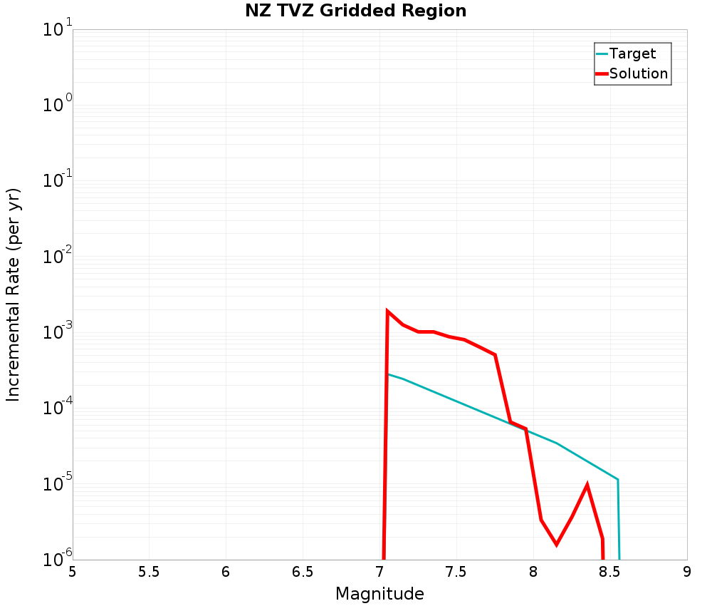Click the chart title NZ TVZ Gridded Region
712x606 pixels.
tap(355, 11)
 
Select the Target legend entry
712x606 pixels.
tap(632, 53)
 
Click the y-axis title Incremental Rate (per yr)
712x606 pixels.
tap(14, 294)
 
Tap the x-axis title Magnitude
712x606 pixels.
tap(379, 594)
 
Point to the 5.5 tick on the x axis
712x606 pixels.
tap(149, 572)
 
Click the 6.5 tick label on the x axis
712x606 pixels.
tap(303, 572)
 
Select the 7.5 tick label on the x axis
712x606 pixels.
tap(456, 572)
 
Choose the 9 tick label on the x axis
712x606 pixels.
tap(686, 572)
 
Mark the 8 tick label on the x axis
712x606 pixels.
tap(533, 572)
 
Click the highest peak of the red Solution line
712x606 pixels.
tap(387, 312)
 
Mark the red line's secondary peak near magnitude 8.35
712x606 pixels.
tap(587, 486)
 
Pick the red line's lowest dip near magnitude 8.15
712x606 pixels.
tap(556, 545)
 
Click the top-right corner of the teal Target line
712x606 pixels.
tap(617, 479)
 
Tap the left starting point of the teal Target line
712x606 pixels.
tap(388, 374)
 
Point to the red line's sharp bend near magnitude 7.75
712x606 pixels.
tap(494, 354)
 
